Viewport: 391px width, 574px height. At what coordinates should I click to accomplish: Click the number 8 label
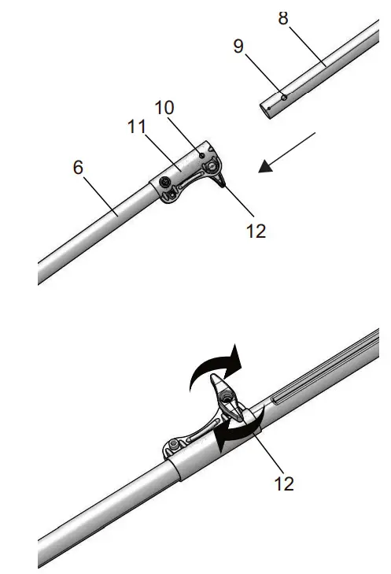[x=283, y=17]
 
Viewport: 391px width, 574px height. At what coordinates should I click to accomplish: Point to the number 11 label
[x=138, y=128]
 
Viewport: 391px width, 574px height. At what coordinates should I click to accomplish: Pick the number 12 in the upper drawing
[x=256, y=230]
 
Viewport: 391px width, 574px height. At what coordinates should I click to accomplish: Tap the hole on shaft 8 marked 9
[x=284, y=98]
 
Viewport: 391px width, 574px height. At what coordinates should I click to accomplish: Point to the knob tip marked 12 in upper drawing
[x=224, y=186]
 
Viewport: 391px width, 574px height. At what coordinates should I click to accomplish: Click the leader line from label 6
[x=98, y=193]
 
